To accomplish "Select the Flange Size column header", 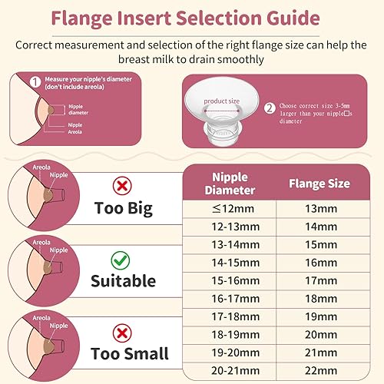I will (x=319, y=184).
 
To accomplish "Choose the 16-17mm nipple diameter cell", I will (x=229, y=299).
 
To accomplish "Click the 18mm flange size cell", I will (x=319, y=299).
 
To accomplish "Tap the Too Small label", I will (x=130, y=353).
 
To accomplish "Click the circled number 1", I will (x=35, y=81).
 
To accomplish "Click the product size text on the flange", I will (x=222, y=101).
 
